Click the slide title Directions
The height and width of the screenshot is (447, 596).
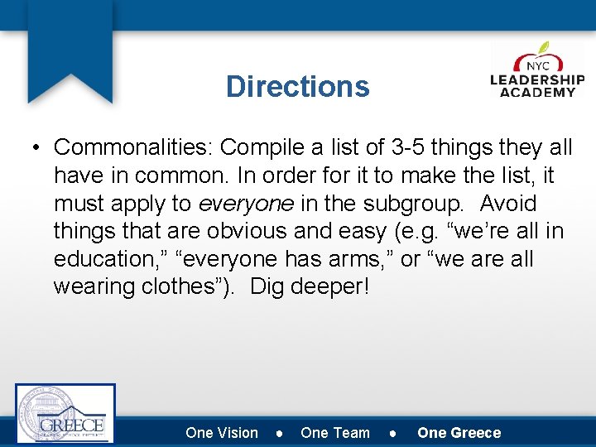tap(297, 86)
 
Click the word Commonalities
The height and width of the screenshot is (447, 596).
tap(132, 147)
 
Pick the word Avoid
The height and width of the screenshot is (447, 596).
tap(508, 204)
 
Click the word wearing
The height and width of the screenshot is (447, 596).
tap(92, 287)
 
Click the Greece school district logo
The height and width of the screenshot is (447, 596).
tap(65, 413)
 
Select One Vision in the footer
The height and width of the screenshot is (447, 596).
tap(222, 433)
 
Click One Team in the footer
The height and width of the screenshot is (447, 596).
tap(335, 433)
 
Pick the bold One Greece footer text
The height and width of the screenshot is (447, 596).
tap(459, 433)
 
